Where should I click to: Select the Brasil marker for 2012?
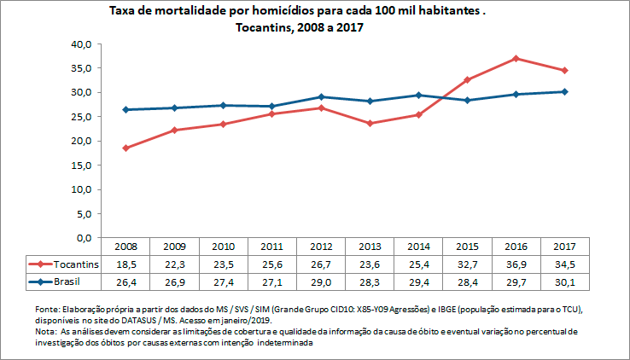tap(321, 96)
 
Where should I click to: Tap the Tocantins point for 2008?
tap(126, 148)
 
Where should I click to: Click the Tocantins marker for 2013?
tap(370, 123)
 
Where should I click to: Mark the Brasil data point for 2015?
tap(468, 100)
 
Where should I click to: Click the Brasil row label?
tap(64, 281)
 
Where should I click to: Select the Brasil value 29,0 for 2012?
tap(321, 281)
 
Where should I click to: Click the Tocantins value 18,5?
tap(126, 264)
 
